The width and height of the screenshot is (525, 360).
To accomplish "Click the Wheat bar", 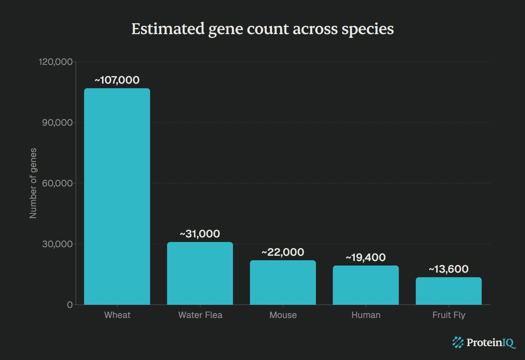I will (117, 196).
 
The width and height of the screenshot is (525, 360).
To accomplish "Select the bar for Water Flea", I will (200, 273).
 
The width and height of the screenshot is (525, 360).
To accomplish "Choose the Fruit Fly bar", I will (448, 291).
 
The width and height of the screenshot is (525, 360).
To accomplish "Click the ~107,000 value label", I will (117, 80).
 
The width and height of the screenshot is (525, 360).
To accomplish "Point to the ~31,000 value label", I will (200, 234).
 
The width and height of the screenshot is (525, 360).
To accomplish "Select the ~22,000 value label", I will (283, 252).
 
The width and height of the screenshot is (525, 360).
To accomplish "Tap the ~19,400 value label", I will (366, 257).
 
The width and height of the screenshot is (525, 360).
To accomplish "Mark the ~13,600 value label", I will (448, 269).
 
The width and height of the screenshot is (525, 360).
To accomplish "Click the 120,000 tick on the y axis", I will (55, 62).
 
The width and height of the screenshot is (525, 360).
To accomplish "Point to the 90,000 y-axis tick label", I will (57, 123).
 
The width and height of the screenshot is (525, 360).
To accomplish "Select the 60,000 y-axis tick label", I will (57, 183).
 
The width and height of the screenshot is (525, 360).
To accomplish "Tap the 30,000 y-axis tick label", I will (57, 244).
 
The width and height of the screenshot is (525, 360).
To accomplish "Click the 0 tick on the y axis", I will (70, 305).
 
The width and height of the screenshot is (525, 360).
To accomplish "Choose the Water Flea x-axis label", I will (200, 315).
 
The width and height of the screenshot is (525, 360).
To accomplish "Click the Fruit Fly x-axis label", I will (448, 315).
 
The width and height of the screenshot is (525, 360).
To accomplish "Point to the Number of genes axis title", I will (33, 183).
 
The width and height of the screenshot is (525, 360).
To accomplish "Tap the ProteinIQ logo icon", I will (458, 342).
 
